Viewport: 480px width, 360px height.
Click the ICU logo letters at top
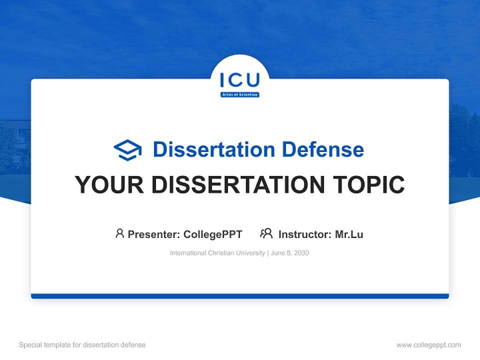tap(240, 80)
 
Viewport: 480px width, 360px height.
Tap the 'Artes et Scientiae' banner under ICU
tap(240, 94)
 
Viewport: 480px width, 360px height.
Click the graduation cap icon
tap(127, 149)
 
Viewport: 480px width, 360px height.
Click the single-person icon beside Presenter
tap(119, 233)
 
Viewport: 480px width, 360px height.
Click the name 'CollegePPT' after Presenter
tap(212, 234)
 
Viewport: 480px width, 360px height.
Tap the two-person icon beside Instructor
tap(266, 233)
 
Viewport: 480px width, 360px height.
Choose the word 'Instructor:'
tap(305, 234)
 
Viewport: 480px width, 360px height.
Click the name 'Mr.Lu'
tap(349, 234)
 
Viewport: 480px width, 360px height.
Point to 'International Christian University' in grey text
tap(217, 253)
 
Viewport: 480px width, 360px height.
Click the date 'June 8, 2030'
tap(290, 253)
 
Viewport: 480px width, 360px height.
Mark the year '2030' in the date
tap(301, 253)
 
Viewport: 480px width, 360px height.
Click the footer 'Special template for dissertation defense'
tap(82, 345)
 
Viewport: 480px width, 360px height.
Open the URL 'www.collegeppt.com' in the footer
tap(428, 345)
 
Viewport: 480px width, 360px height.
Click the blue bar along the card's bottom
tap(240, 296)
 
